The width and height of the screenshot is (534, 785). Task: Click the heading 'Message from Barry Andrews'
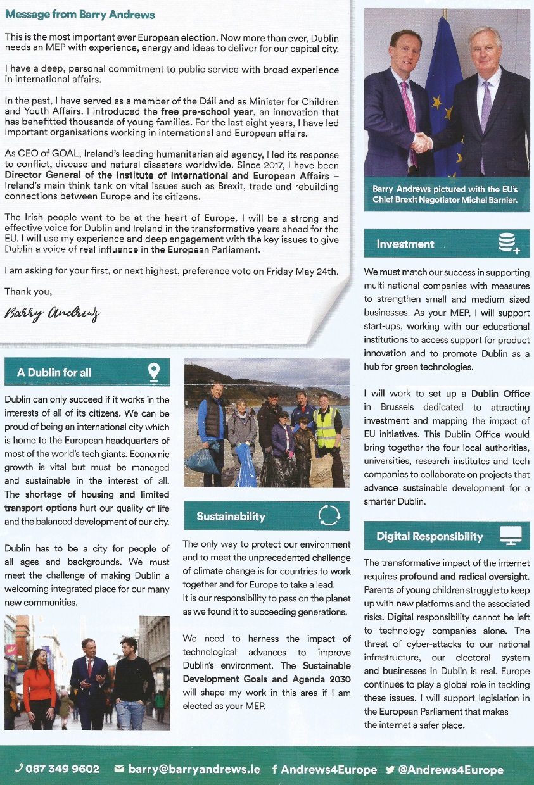[80, 15]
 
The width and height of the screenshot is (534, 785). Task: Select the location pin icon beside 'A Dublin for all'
[153, 372]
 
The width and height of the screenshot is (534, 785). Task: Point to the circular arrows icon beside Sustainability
[328, 516]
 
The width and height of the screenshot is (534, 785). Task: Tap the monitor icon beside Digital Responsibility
[510, 536]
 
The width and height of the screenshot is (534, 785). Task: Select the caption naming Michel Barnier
[445, 195]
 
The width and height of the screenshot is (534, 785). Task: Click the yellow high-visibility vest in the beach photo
[326, 427]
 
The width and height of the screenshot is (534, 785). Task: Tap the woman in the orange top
[39, 684]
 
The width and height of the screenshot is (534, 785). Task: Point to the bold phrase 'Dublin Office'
[500, 394]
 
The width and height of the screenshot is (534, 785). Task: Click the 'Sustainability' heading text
[231, 516]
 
